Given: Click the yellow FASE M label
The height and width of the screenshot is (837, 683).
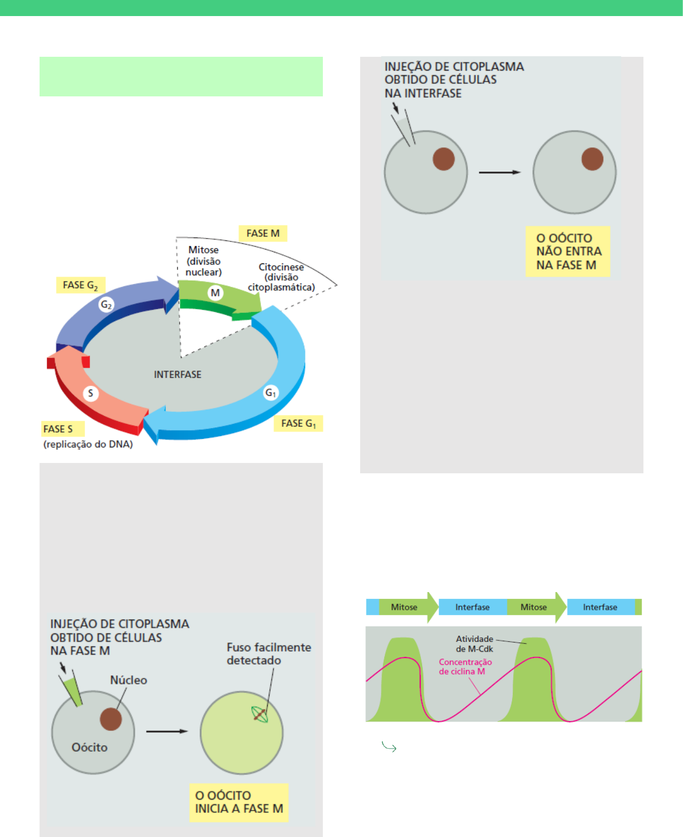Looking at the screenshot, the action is coord(263,233).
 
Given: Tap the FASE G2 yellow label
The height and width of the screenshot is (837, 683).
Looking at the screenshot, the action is coord(80,285).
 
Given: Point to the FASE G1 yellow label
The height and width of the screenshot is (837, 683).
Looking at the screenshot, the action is coord(298,423).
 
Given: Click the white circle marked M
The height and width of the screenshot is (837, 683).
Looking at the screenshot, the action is coord(215,293).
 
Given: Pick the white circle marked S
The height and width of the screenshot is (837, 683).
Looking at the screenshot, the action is coord(91,393).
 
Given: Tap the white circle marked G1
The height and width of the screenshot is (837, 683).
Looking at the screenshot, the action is coord(271,392).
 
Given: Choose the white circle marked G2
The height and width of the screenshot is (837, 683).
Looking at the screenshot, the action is coord(106,305).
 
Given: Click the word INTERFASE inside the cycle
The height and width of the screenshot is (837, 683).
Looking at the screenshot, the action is coord(178,375).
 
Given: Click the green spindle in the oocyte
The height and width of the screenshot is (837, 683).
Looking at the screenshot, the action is coord(260,714).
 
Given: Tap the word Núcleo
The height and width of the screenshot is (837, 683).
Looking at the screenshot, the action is coord(128,680).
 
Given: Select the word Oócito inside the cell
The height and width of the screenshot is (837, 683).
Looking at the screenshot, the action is coord(89,747).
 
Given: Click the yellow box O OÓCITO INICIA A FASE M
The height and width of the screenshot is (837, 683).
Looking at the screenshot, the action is coord(239,802).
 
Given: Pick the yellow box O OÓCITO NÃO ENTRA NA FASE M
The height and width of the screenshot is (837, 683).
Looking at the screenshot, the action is coord(568,251).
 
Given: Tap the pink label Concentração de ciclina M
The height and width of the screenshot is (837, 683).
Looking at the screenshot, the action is coord(465,667).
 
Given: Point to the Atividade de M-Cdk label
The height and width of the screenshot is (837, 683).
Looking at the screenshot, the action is coord(474,644).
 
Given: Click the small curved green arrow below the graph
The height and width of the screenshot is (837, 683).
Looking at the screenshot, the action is coord(389,747).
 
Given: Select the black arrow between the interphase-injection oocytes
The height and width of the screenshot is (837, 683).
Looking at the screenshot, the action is coord(499,172).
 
